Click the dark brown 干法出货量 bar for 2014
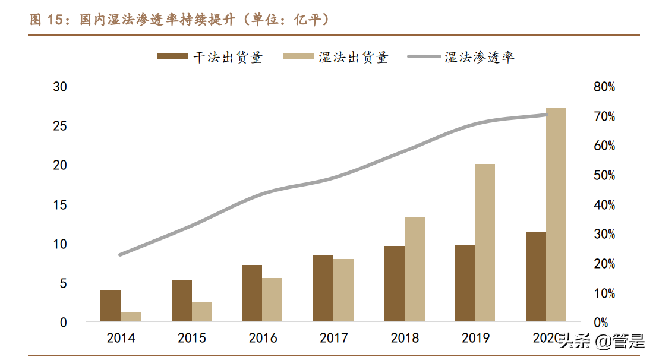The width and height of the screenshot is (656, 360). (x=111, y=306)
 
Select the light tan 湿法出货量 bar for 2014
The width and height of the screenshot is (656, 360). (x=131, y=317)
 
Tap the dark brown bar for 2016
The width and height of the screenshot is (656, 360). (x=252, y=293)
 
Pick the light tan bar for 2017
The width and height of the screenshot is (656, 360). (x=343, y=290)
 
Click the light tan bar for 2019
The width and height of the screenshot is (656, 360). (x=485, y=243)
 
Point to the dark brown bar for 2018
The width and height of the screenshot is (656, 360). (x=395, y=284)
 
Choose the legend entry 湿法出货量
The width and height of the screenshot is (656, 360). (x=336, y=58)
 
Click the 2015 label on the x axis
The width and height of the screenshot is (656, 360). (x=192, y=338)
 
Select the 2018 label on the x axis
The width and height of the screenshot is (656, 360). (x=405, y=338)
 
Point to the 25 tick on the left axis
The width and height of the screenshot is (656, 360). (x=60, y=126)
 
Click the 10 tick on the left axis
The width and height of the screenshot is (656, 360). (x=60, y=244)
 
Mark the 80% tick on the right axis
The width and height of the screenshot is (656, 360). (x=604, y=87)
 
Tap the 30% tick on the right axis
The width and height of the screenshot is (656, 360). (x=604, y=235)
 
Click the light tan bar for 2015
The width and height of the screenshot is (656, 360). (x=202, y=312)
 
